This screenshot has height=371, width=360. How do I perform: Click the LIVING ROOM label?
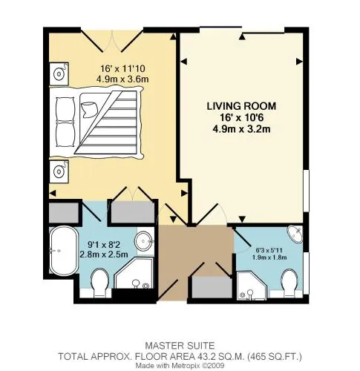[241, 106]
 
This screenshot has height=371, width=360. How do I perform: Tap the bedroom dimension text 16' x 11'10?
[122, 68]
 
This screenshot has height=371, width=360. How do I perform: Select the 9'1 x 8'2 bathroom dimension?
[104, 245]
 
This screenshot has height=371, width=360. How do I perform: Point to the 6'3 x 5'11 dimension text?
[269, 250]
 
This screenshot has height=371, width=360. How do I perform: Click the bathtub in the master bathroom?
[63, 252]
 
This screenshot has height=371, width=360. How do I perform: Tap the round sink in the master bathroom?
[144, 240]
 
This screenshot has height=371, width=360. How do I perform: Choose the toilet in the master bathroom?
[99, 283]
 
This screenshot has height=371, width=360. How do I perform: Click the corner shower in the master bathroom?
[134, 273]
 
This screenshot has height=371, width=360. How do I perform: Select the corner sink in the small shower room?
[295, 234]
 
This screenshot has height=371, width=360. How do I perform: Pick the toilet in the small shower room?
[290, 283]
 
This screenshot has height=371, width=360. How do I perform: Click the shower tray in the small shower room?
[252, 286]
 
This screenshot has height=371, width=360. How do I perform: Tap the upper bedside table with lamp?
[59, 73]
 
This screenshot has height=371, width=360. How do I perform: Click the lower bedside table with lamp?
[59, 171]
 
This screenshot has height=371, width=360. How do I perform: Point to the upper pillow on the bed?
[65, 108]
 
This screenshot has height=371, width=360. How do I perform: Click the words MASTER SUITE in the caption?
[180, 345]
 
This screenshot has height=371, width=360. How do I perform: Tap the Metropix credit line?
[180, 366]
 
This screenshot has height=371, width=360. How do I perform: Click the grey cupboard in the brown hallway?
[212, 287]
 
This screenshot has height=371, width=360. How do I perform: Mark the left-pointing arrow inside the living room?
[183, 62]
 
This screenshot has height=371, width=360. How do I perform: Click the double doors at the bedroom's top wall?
[112, 41]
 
